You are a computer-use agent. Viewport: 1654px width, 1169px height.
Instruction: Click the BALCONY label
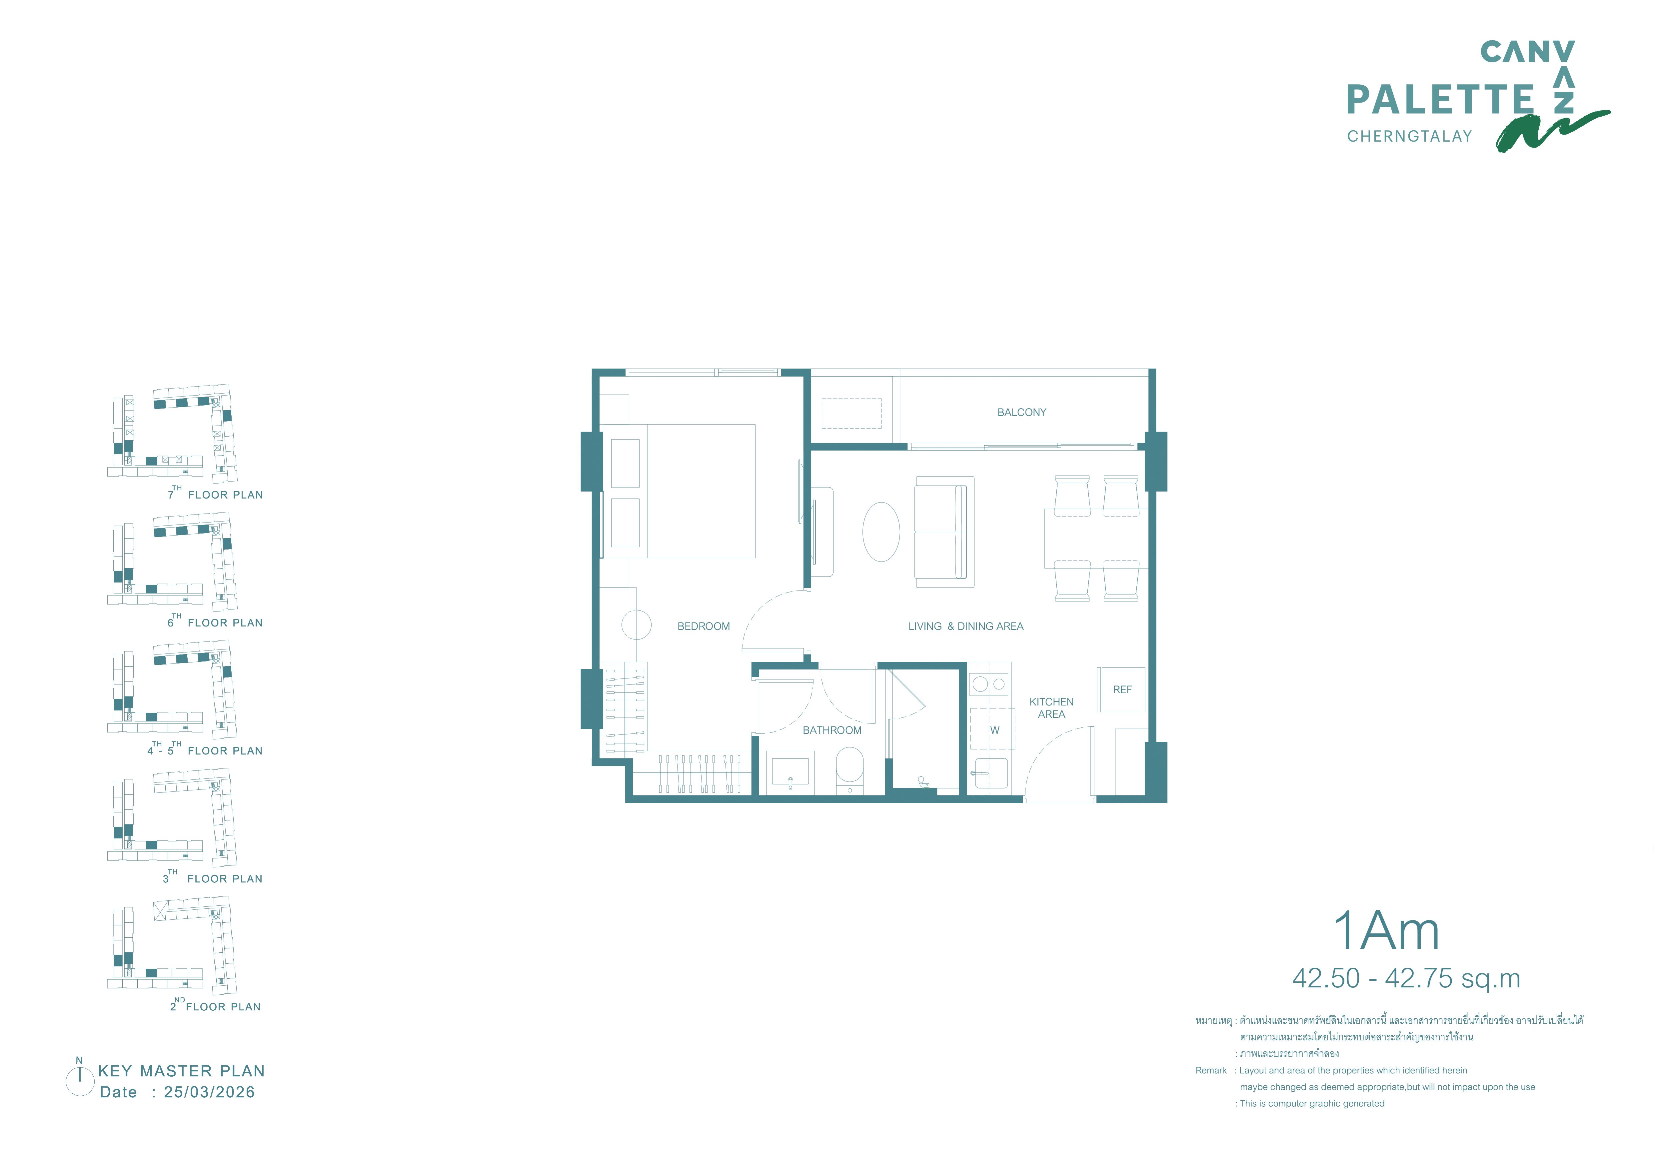pyautogui.click(x=1021, y=413)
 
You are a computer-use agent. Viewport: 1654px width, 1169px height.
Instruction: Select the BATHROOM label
pyautogui.click(x=832, y=730)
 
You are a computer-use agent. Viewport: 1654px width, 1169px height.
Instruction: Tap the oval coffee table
pyautogui.click(x=881, y=532)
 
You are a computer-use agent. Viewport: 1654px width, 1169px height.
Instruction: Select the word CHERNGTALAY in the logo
pyautogui.click(x=1410, y=136)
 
